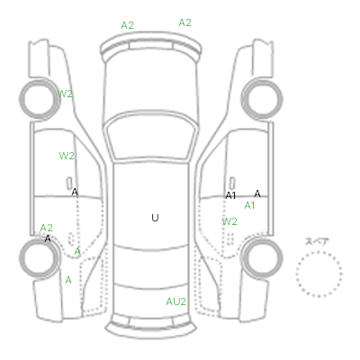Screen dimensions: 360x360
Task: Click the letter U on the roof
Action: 155,218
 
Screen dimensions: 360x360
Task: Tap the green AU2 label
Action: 176,301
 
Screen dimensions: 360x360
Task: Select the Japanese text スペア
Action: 317,241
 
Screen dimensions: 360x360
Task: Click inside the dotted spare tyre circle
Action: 319,274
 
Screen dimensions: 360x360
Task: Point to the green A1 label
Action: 249,205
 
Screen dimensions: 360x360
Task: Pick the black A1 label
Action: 230,195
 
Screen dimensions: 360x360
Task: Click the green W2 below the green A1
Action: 229,221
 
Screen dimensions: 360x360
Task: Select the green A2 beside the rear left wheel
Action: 47,228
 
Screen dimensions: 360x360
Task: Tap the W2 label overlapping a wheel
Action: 65,94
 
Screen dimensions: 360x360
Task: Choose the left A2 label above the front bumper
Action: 127,25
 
